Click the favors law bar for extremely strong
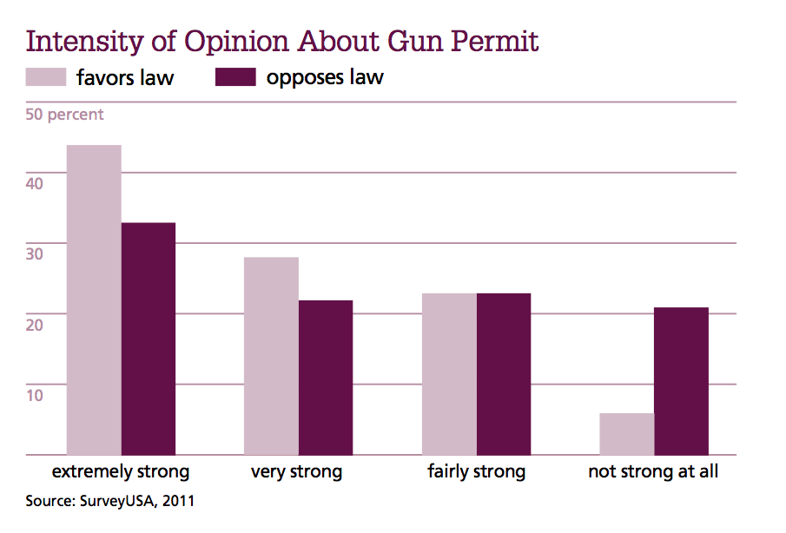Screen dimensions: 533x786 tap(94, 299)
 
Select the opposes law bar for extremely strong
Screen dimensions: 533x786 tap(149, 339)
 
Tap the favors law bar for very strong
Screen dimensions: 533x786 tap(271, 356)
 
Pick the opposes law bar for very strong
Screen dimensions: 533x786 tap(326, 378)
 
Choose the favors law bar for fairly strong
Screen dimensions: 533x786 tap(449, 374)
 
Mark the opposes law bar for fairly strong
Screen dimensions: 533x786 tap(504, 374)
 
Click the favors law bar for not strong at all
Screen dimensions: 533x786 tap(626, 434)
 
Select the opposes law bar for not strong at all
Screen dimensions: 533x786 tap(682, 381)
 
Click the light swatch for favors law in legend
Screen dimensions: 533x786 tap(46, 77)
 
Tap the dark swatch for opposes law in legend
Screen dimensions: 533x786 tap(235, 77)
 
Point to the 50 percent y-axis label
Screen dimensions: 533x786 tap(64, 115)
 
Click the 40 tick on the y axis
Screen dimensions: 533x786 tap(34, 184)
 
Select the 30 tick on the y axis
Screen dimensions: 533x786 tap(34, 254)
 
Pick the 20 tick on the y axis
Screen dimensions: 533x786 tap(34, 325)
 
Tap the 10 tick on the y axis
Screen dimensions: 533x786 tap(34, 395)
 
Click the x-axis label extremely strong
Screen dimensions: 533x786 tap(121, 473)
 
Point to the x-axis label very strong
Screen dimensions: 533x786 tap(297, 473)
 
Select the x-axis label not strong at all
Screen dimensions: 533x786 tap(653, 473)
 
